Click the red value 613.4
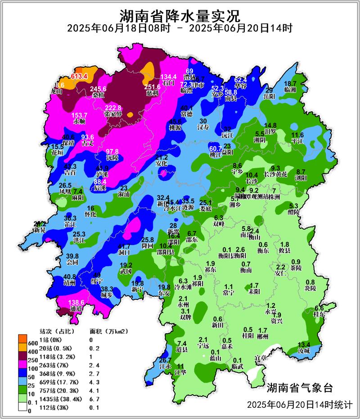78,76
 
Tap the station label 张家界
113,114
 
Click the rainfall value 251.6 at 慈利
152,87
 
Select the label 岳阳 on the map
269,96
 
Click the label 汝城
304,350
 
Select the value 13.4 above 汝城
304,344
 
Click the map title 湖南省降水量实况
180,16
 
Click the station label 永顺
79,121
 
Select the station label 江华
180,372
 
